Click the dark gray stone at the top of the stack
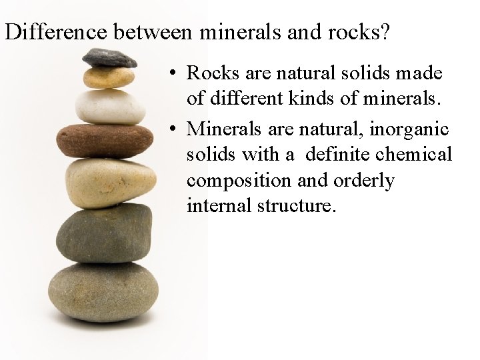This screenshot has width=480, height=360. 110,58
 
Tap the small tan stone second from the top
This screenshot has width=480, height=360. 108,79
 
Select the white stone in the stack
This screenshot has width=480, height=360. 110,106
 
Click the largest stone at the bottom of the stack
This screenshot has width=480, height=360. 103,291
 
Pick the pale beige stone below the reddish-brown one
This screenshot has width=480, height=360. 111,182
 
